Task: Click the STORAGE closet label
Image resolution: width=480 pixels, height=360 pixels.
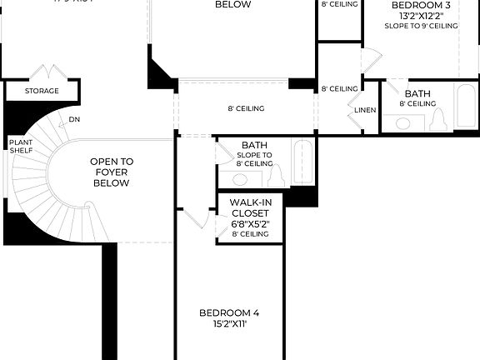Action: (x=42, y=91)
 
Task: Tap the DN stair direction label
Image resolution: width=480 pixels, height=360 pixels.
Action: (x=75, y=119)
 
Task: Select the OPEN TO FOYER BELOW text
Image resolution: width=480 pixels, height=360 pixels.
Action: (x=111, y=172)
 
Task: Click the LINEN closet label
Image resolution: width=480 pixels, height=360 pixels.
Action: (x=365, y=110)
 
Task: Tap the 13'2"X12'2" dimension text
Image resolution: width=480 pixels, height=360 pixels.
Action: (x=421, y=15)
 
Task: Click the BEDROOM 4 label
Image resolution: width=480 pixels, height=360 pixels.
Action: (x=230, y=312)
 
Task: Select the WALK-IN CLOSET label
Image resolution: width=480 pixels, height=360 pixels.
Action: (x=250, y=207)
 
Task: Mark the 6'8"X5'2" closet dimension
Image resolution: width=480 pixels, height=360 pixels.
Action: (x=250, y=223)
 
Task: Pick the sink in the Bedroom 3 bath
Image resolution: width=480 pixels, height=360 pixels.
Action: (x=403, y=123)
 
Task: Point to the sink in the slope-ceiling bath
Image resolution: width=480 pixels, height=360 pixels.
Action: (x=239, y=179)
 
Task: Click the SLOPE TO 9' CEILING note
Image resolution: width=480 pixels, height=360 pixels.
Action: (x=421, y=26)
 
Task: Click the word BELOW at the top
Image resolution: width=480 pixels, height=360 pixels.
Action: (x=233, y=4)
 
